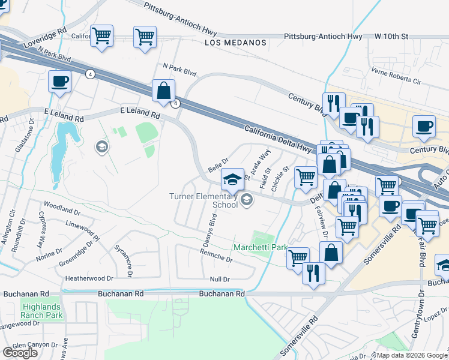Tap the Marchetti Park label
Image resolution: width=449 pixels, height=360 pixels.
pyautogui.click(x=260, y=247)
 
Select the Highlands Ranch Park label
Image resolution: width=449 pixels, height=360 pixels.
pyautogui.click(x=41, y=310)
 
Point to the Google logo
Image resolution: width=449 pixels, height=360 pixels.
pyautogui.click(x=20, y=353)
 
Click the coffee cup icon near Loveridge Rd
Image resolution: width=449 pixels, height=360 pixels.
pyautogui.click(x=59, y=81)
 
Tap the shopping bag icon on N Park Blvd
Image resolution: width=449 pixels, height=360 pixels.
pyautogui.click(x=163, y=91)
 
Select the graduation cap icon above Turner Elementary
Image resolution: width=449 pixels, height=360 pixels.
pyautogui.click(x=232, y=179)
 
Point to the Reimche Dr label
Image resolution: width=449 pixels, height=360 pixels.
pyautogui.click(x=216, y=257)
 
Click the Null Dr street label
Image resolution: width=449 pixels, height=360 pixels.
pyautogui.click(x=220, y=280)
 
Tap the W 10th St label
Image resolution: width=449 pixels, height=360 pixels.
pyautogui.click(x=391, y=37)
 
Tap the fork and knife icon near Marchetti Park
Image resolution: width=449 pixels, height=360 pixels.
pyautogui.click(x=313, y=273)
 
